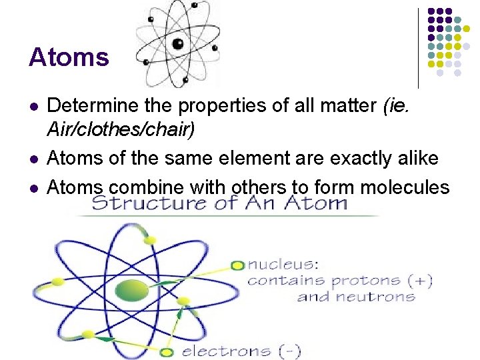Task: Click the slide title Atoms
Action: coord(69,57)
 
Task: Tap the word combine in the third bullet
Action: coord(139,187)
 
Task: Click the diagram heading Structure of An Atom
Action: coord(220,202)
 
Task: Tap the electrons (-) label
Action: coord(241,351)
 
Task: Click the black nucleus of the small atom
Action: coord(178,45)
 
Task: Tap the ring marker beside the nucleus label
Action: coord(237,265)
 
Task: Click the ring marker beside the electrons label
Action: coord(167,351)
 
